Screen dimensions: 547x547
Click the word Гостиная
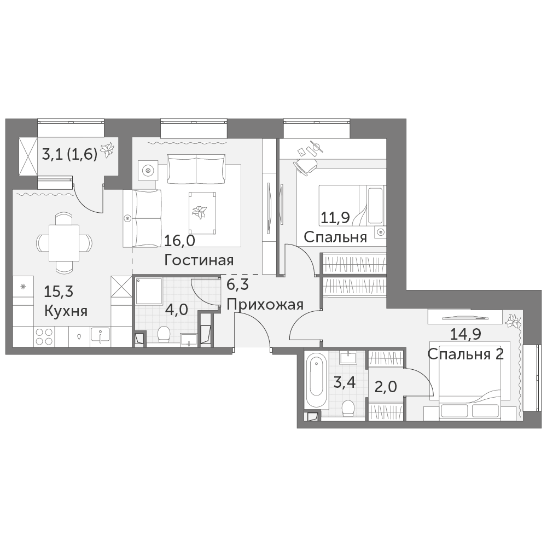pyautogui.click(x=199, y=260)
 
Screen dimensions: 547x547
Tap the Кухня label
pyautogui.click(x=66, y=311)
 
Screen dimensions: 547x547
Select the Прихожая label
pyautogui.click(x=265, y=305)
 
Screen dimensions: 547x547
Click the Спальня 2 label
pyautogui.click(x=465, y=354)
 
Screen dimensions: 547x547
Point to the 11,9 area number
pyautogui.click(x=334, y=218)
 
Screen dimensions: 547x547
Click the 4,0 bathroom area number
pyautogui.click(x=177, y=309)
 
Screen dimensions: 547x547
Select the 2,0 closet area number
pyautogui.click(x=386, y=387)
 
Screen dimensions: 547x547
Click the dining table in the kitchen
pyautogui.click(x=64, y=243)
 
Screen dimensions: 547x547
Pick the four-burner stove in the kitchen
pyautogui.click(x=45, y=336)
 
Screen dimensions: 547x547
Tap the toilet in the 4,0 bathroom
pyautogui.click(x=164, y=334)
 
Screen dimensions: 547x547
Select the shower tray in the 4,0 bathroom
pyautogui.click(x=149, y=291)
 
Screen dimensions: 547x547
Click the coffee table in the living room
pyautogui.click(x=202, y=213)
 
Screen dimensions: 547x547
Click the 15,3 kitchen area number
pyautogui.click(x=59, y=292)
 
